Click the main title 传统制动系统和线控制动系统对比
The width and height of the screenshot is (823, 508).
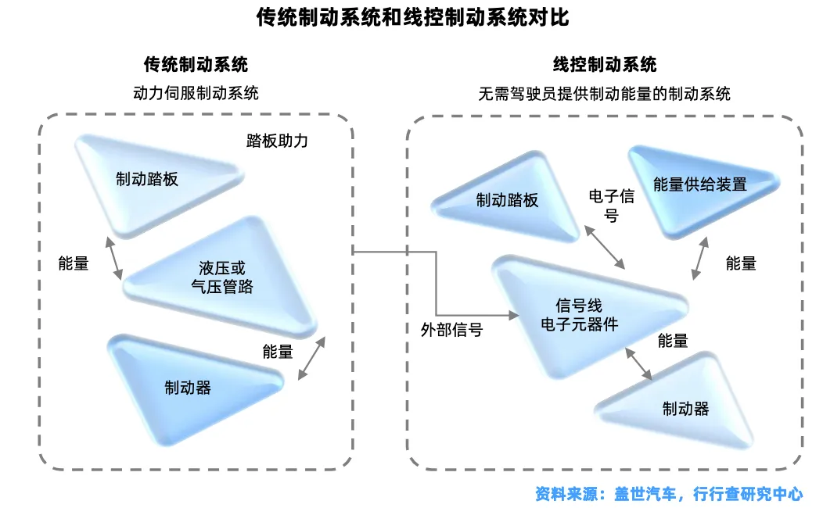click(412, 17)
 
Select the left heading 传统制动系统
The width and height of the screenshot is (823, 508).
click(196, 64)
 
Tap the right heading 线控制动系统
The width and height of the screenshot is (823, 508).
click(605, 64)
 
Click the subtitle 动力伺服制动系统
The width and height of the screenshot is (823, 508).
click(196, 93)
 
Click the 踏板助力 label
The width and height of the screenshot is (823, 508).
click(277, 141)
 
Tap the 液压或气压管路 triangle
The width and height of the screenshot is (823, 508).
click(222, 277)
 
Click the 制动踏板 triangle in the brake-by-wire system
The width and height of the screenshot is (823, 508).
click(508, 200)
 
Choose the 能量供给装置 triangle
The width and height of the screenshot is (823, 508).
click(700, 185)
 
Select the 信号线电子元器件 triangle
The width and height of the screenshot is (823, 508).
click(579, 313)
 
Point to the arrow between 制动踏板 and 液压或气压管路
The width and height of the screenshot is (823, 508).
click(115, 259)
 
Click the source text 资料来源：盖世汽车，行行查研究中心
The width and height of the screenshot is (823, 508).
click(668, 494)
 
